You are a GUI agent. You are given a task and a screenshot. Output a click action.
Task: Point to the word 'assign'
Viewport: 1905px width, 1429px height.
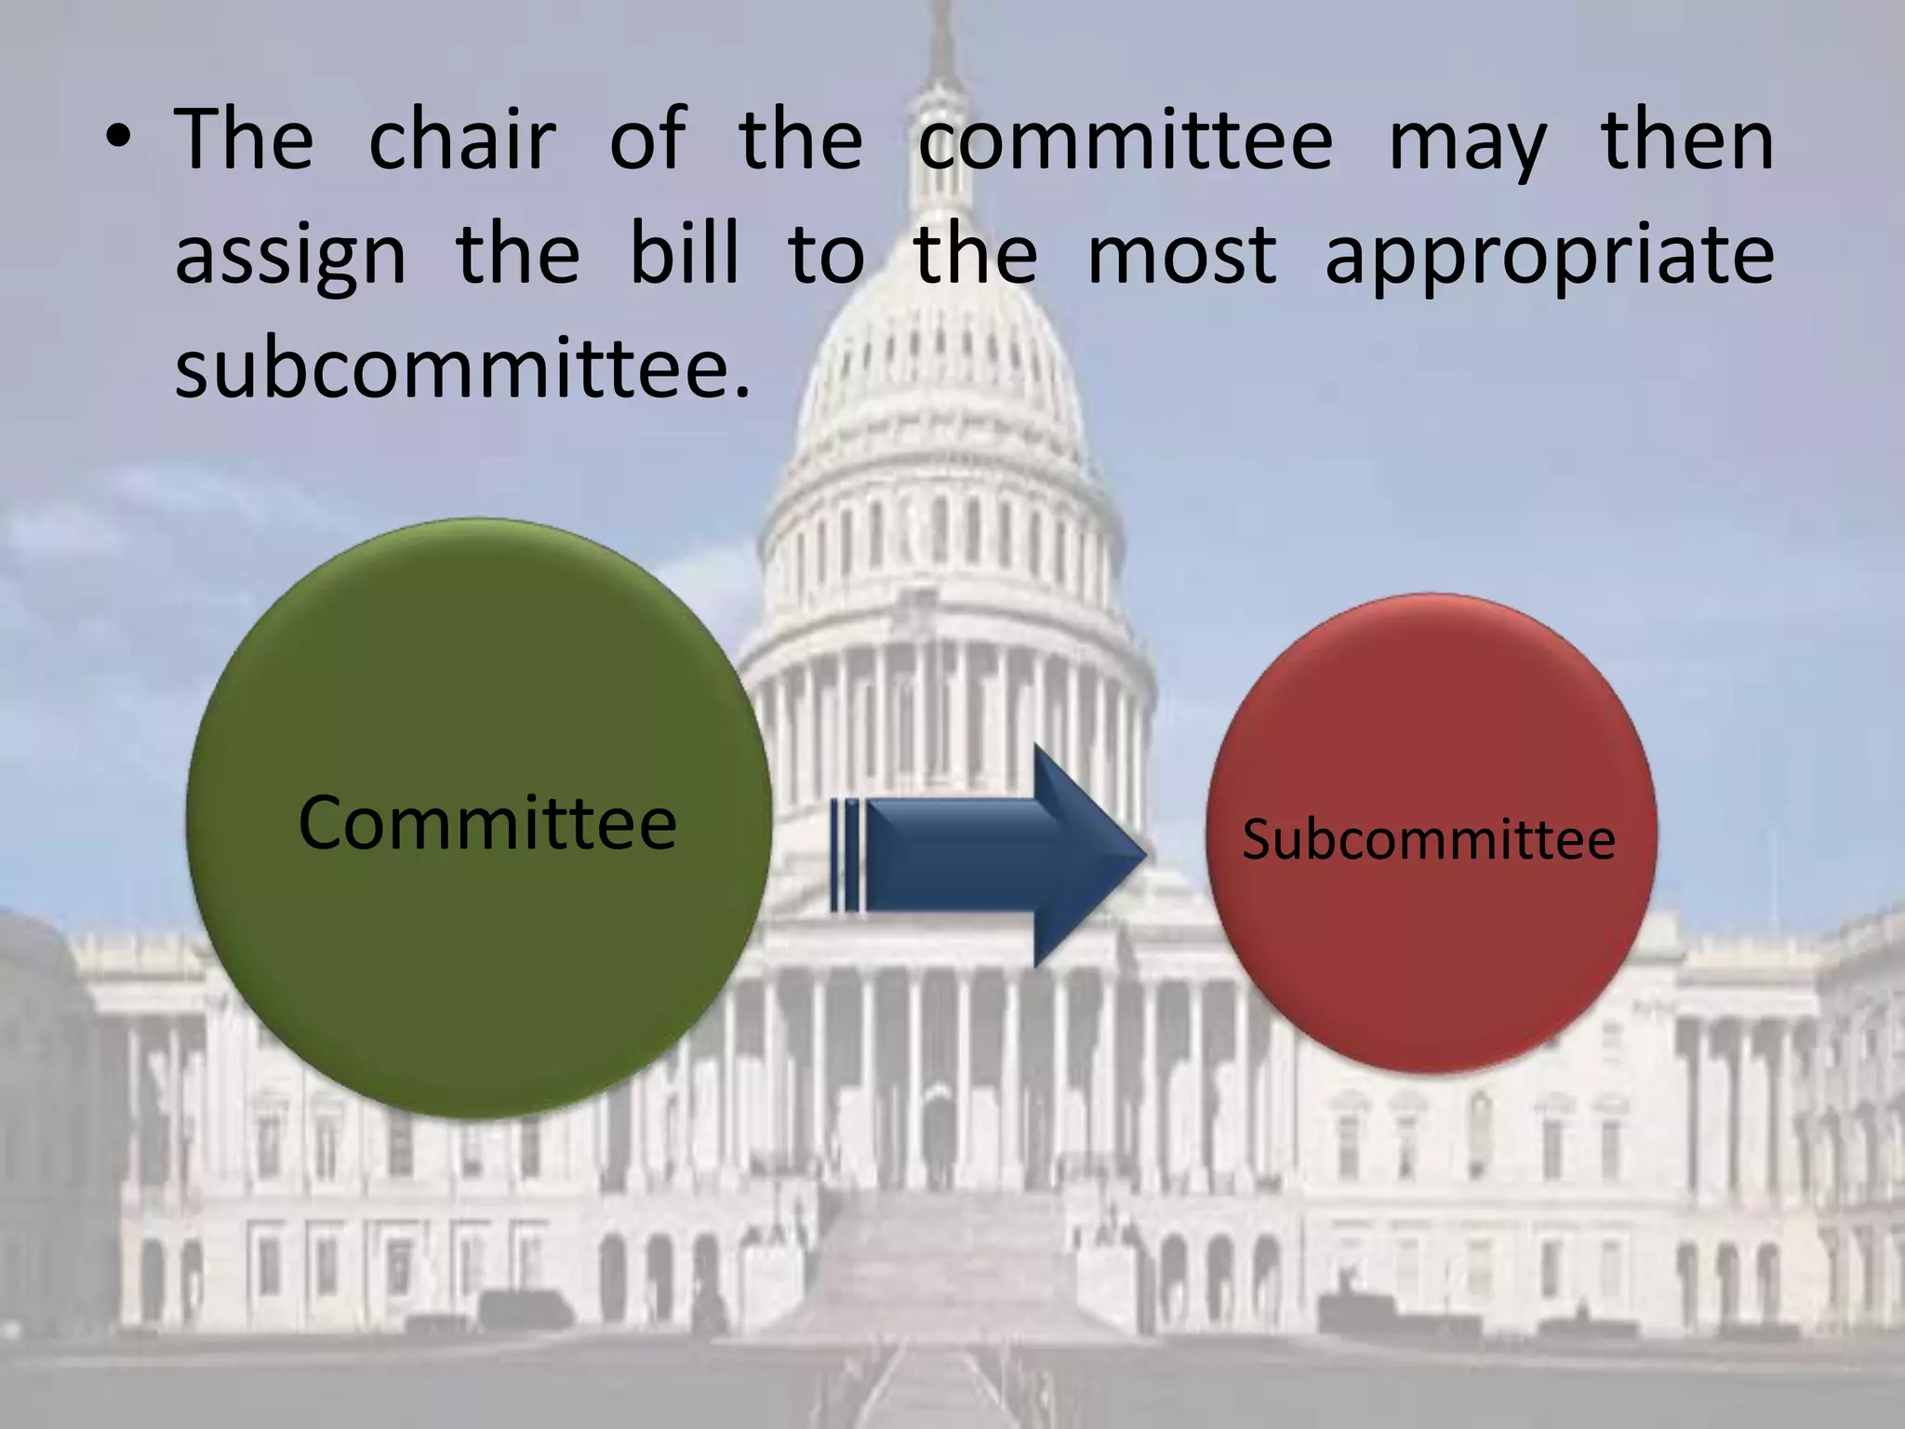pos(290,259)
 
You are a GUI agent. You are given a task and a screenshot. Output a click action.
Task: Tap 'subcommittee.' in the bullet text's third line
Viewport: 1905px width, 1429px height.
pos(462,368)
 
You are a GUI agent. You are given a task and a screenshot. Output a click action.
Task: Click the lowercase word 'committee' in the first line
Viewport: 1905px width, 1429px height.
pos(1126,141)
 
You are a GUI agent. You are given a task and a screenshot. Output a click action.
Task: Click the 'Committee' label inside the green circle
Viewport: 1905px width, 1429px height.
pos(487,822)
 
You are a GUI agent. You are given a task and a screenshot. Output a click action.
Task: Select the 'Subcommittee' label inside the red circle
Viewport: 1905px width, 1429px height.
pos(1429,839)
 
